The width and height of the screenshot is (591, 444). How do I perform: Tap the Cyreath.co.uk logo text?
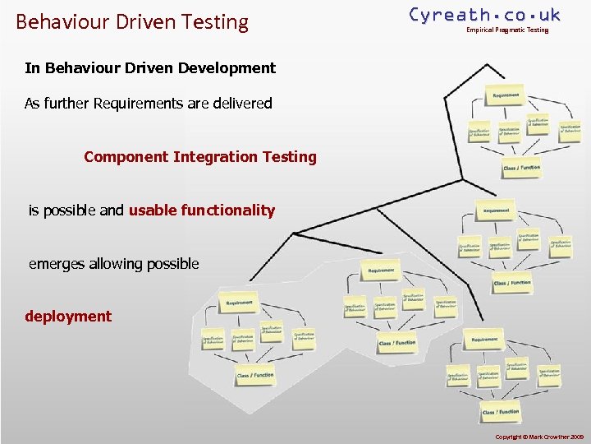click(484, 15)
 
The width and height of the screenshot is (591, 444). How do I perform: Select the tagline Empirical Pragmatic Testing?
click(507, 30)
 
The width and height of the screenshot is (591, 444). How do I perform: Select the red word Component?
click(126, 156)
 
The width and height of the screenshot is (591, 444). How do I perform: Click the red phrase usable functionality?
click(202, 210)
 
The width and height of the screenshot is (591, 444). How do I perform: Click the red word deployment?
click(68, 317)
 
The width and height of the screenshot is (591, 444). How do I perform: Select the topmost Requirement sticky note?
click(506, 96)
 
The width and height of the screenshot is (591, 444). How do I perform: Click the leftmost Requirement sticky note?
click(239, 303)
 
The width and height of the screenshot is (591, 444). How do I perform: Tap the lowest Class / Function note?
click(501, 411)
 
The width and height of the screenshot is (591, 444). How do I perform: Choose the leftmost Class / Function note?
click(255, 376)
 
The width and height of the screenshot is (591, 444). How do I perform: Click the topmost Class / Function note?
click(521, 168)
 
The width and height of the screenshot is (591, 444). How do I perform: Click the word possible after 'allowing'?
click(171, 264)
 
